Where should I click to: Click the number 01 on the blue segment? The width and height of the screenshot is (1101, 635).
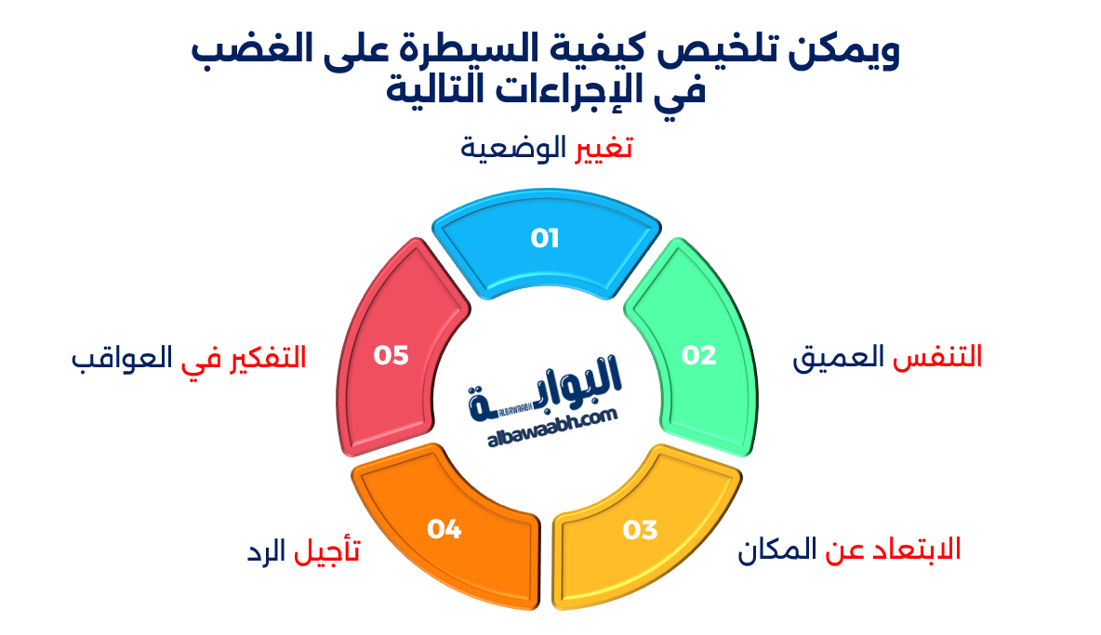point(545,239)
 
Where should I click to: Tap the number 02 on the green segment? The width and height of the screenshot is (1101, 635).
point(699,355)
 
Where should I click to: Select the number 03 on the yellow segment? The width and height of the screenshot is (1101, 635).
point(641,530)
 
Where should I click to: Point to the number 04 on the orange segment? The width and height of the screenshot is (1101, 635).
point(444,529)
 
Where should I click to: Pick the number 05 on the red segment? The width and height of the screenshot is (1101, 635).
point(391,355)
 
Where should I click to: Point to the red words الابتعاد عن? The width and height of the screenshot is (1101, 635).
point(893,549)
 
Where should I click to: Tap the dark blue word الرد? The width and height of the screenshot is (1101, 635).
point(266,553)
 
